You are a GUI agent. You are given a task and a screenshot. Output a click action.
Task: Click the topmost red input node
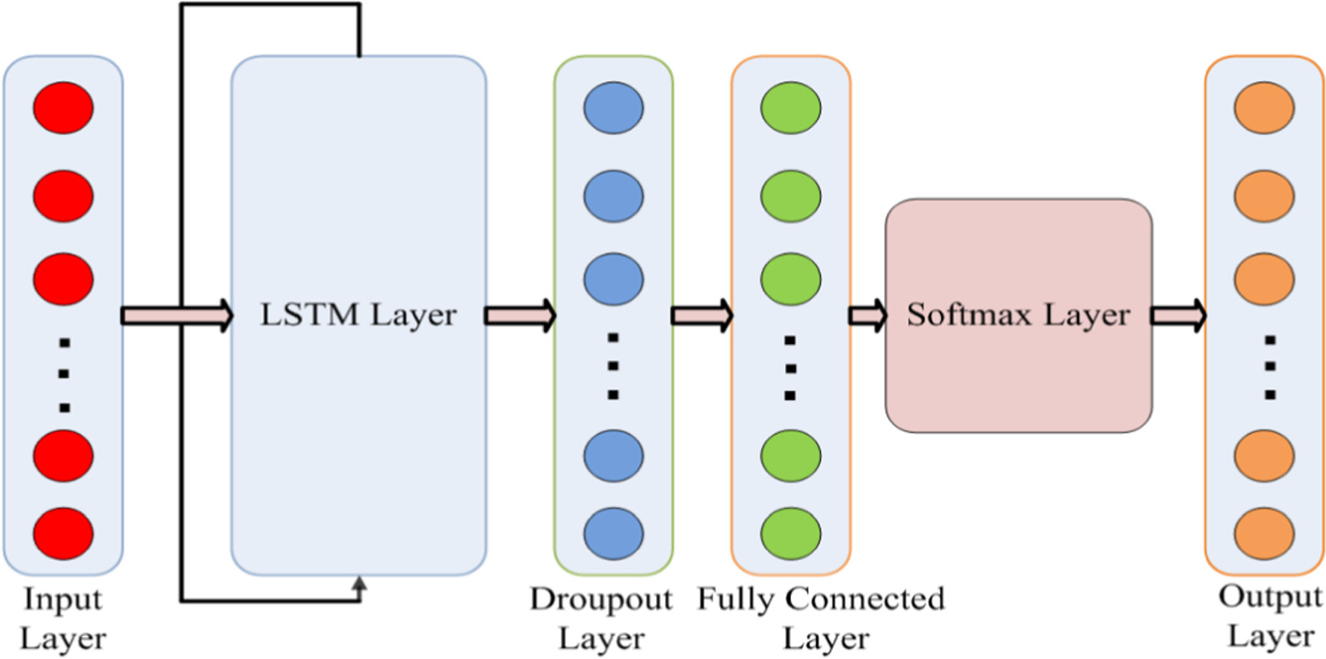pos(63,107)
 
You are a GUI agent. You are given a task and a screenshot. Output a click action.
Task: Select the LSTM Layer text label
pos(358,315)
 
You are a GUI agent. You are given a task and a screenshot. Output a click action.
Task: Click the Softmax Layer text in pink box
pos(1018,315)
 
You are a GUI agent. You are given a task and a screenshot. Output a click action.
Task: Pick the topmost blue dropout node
pos(613,107)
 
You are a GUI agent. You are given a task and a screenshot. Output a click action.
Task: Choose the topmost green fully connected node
pos(790,107)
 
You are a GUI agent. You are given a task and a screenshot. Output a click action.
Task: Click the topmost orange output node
pos(1264,107)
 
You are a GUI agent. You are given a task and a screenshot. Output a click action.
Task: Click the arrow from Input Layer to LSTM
pos(176,315)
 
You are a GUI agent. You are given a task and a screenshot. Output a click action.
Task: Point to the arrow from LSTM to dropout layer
pos(520,315)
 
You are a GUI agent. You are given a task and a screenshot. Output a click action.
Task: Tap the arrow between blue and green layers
pos(702,315)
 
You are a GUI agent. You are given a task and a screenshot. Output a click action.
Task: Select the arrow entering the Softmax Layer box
pos(867,315)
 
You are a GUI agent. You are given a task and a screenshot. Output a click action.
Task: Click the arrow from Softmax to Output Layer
pos(1179,315)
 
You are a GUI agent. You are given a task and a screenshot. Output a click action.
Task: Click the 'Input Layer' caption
pos(63,618)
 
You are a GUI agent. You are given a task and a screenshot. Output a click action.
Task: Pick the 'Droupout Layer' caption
pos(600,618)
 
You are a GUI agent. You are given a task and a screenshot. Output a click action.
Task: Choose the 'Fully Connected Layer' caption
pos(820,618)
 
